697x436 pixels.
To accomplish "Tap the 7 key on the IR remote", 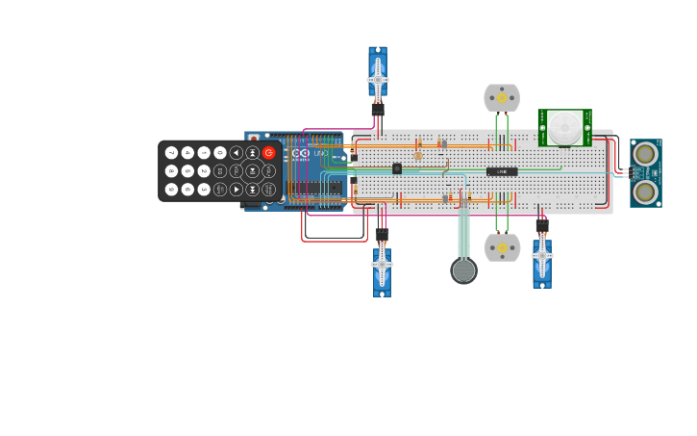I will coord(172,153).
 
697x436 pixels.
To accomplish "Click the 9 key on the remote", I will coord(172,190).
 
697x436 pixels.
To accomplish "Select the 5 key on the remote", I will coord(187,171).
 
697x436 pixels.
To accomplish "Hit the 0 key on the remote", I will coord(220,153).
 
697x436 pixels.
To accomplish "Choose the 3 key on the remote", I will coord(204,190).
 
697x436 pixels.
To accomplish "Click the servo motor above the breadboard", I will coord(378,74).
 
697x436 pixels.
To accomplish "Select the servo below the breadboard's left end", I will coord(382,268).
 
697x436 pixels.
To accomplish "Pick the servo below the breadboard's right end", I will coord(542,259).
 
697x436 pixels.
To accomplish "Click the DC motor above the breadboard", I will coord(502,98).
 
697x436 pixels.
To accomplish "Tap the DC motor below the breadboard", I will coord(502,247).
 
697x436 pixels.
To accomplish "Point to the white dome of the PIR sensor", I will coord(564,127).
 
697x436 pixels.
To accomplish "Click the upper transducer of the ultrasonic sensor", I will coord(645,154).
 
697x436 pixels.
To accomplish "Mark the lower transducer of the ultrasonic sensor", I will coord(645,192).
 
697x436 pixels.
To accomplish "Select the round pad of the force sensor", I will coord(463,270).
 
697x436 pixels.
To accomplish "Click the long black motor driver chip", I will coord(502,171).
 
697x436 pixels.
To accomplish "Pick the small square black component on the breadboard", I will coord(397,168).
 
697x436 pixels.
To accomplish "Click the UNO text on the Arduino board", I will coord(320,153).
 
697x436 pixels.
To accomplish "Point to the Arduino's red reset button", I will coord(254,139).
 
